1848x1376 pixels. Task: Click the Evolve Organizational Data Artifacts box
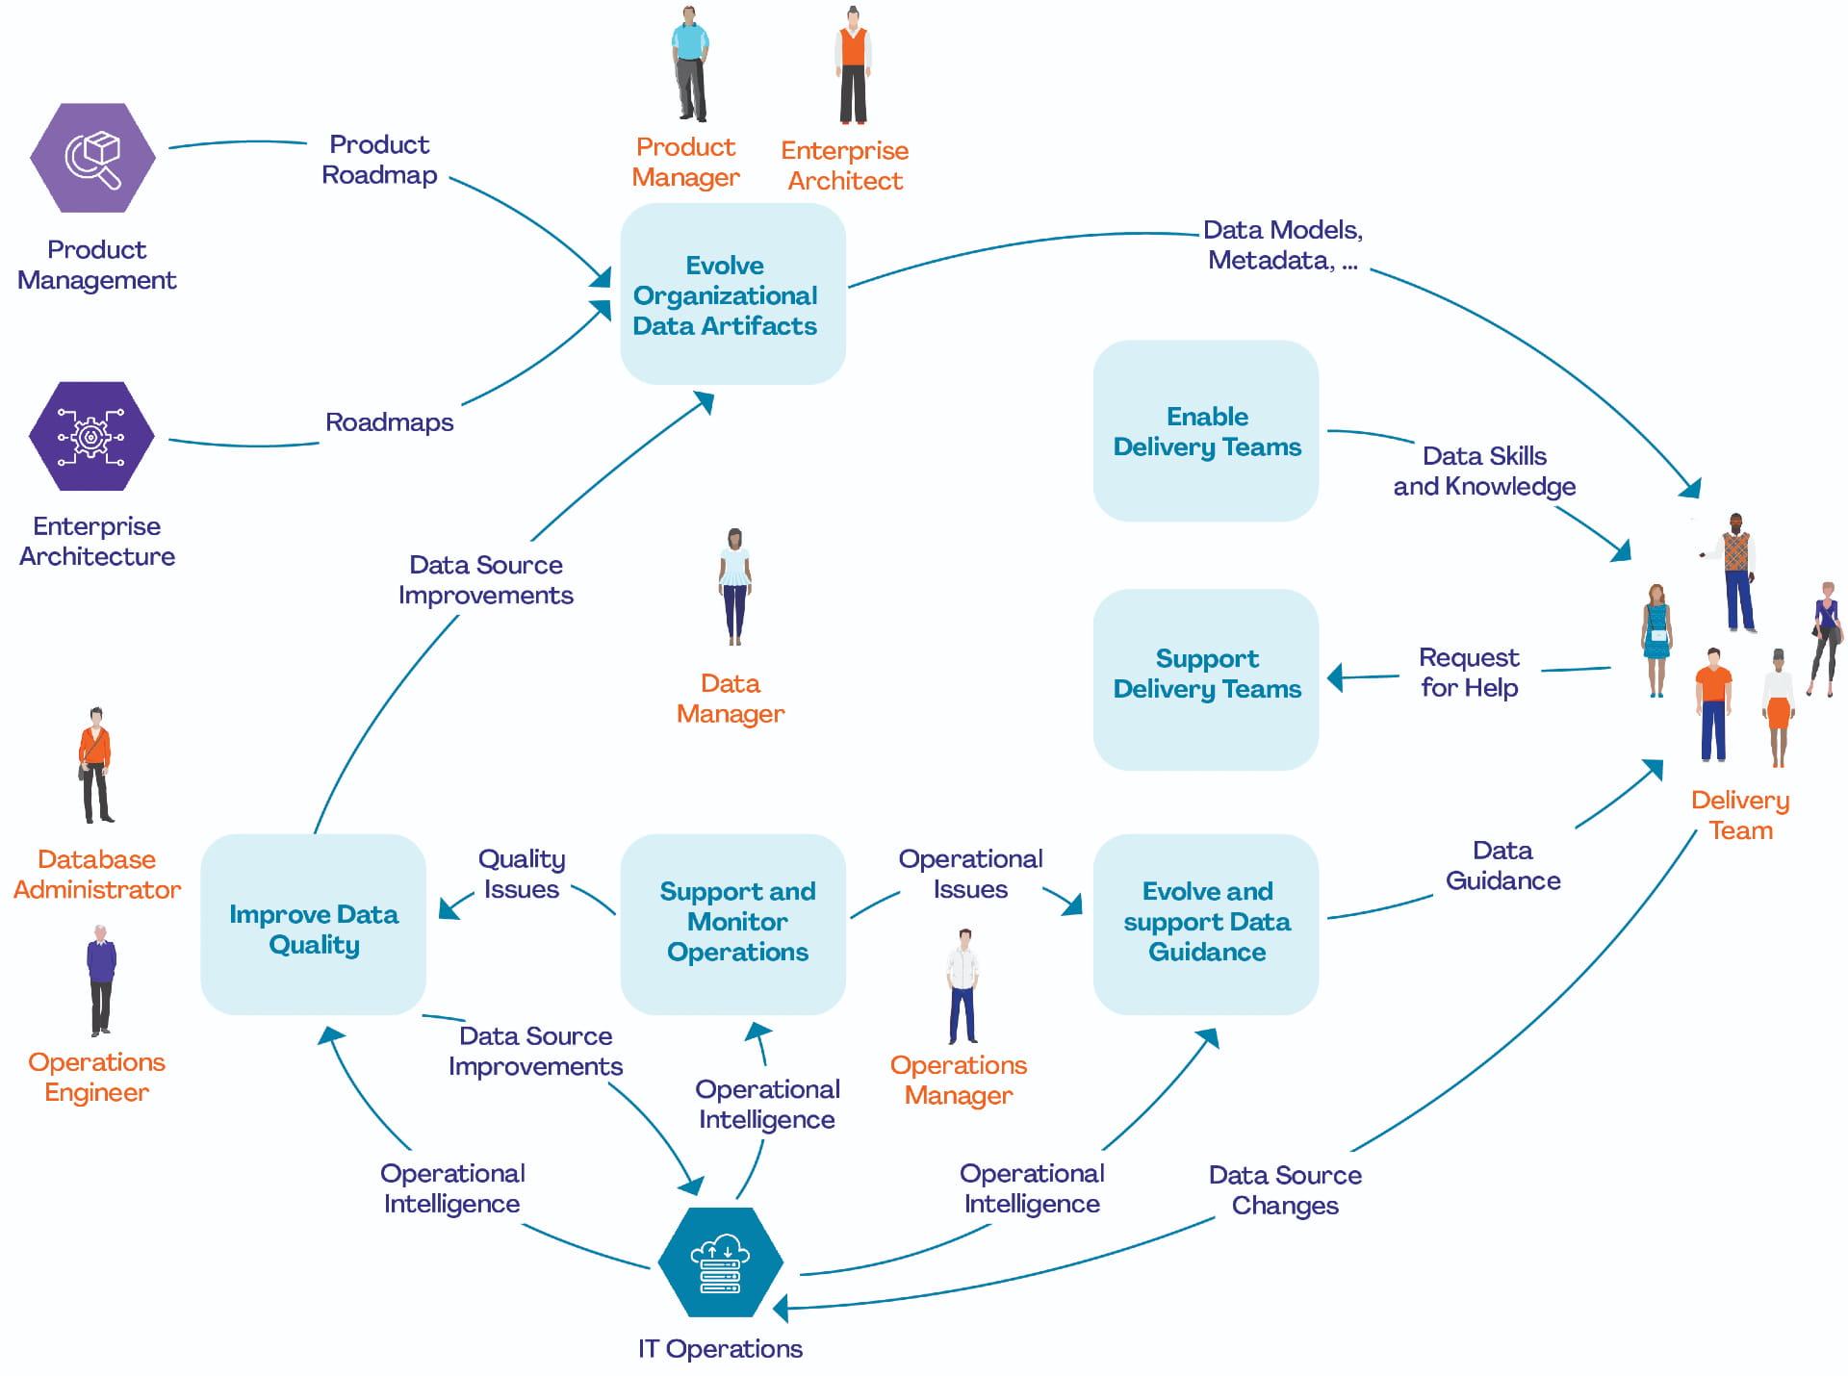[732, 293]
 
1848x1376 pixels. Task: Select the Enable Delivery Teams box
[1205, 431]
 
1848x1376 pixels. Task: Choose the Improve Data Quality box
[313, 925]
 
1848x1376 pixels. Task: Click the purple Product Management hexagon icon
[92, 158]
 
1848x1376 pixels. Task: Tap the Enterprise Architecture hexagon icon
[91, 436]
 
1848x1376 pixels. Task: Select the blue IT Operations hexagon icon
[720, 1261]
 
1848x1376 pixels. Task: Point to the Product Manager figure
[689, 64]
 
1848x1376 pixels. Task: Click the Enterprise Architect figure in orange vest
[853, 65]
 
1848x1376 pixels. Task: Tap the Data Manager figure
[734, 587]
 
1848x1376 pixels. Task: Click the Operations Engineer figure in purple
[101, 980]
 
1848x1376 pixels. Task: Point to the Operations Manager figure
[962, 986]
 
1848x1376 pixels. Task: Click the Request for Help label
[1469, 673]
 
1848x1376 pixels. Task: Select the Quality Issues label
[521, 874]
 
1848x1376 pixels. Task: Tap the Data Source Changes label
[1285, 1190]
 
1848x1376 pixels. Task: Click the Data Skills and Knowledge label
[1484, 471]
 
